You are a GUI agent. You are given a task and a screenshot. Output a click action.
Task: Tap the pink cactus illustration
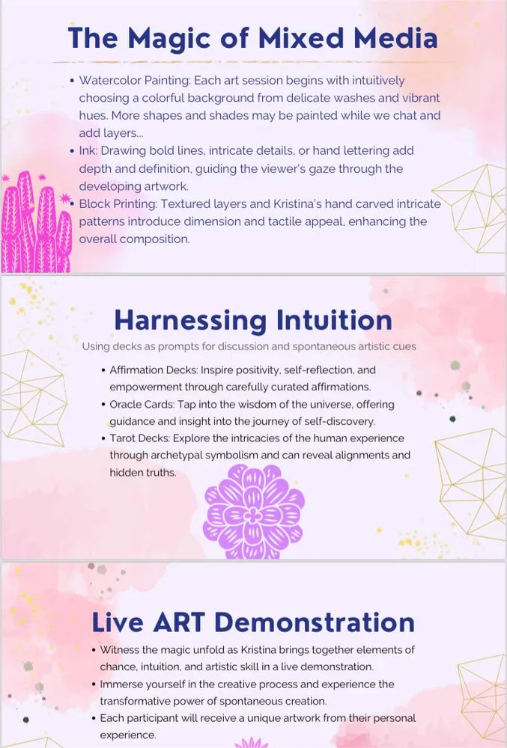[36, 222]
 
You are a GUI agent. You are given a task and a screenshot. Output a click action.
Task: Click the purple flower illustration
[253, 512]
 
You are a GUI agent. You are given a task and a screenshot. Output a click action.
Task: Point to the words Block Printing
[118, 204]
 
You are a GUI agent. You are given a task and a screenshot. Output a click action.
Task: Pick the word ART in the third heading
[179, 622]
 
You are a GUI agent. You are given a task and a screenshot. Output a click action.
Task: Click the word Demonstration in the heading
[314, 622]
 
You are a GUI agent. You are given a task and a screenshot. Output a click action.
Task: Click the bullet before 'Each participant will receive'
[94, 718]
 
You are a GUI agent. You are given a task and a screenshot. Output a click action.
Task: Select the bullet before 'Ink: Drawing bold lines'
[72, 151]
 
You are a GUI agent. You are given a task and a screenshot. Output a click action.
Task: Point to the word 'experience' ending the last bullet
[127, 735]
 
